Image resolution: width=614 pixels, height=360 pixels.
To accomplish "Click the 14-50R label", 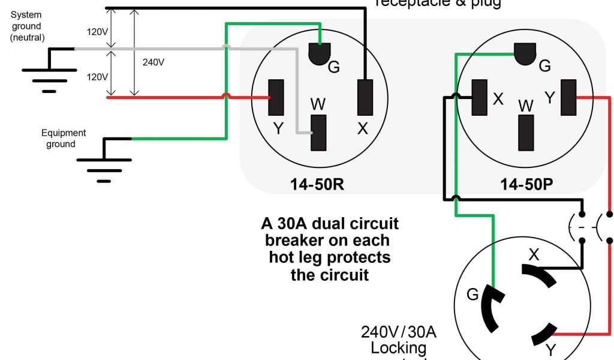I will pos(317,184).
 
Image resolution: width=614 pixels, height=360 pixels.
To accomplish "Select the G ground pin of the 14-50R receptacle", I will pos(320,55).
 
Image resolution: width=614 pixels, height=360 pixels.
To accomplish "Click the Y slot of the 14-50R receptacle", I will pos(276,97).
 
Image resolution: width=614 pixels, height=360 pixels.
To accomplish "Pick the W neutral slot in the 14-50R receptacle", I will pos(318,132).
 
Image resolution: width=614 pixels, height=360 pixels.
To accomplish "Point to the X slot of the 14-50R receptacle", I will pos(365,97).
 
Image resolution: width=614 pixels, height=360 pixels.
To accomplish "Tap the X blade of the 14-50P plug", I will pos(479,97).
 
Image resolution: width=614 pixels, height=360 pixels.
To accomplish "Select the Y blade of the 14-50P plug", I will pos(568,97).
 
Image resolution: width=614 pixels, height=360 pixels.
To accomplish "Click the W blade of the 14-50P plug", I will pos(526,131).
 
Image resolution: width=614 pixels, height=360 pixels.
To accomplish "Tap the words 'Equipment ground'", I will pos(63,138).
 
